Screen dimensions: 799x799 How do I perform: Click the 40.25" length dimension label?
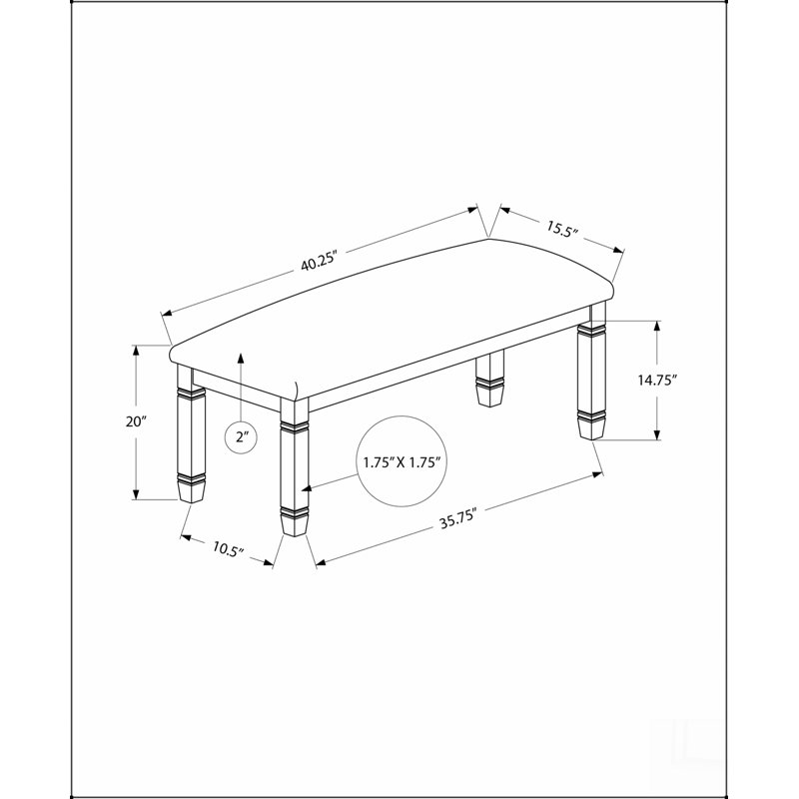tap(320, 262)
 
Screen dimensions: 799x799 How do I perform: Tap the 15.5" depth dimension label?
tap(563, 229)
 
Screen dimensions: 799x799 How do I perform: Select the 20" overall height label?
tap(136, 421)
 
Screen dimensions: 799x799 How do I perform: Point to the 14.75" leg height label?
tap(657, 380)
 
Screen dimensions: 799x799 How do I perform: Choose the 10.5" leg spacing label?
tap(229, 548)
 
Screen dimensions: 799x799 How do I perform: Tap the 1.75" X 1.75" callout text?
tap(401, 462)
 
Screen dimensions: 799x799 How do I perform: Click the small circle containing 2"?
tap(241, 436)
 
